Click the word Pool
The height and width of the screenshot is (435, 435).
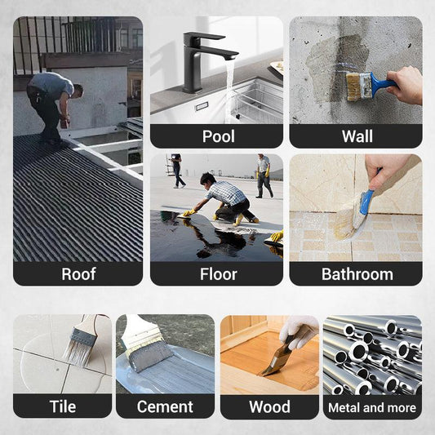(219, 136)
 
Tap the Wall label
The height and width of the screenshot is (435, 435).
(357, 136)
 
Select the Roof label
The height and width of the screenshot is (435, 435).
(78, 274)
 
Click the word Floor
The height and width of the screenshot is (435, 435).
(219, 274)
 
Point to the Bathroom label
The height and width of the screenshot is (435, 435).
(357, 274)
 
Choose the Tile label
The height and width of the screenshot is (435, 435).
(63, 406)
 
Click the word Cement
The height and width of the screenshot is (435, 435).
(165, 407)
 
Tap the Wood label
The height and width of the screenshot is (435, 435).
(269, 407)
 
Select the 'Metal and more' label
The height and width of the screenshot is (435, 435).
(372, 407)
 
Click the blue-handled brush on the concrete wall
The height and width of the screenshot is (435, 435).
(367, 85)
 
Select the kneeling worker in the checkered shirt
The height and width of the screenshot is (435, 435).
(224, 199)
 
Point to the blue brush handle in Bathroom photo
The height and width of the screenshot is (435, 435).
(367, 198)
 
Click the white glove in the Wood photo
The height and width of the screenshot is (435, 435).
(298, 331)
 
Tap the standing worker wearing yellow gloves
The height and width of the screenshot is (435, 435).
(264, 176)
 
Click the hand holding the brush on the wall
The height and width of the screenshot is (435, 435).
(406, 85)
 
